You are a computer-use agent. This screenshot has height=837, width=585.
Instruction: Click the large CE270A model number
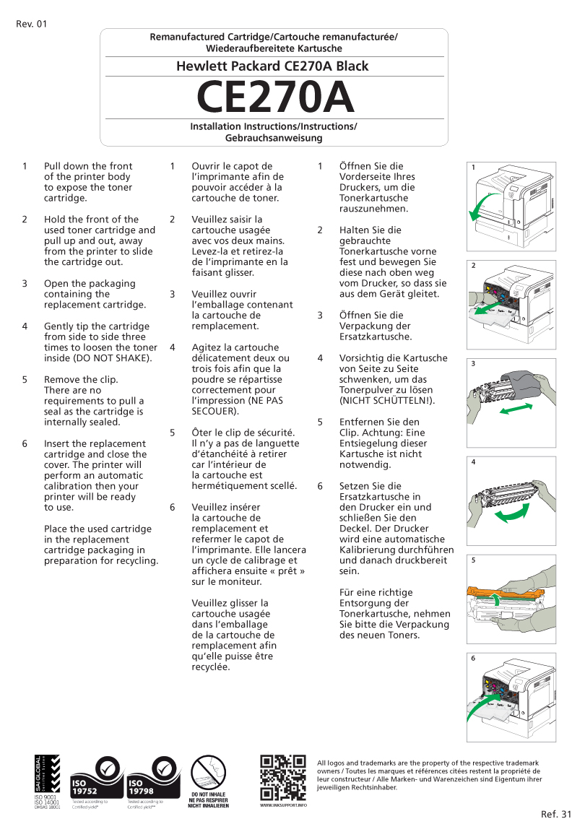pos(275,97)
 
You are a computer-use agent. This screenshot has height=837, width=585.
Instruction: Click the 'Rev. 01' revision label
pos(31,24)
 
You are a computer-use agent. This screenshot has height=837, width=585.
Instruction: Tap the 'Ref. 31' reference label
pos(555,815)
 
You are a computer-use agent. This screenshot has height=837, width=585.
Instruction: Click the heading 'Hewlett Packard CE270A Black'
pos(272,66)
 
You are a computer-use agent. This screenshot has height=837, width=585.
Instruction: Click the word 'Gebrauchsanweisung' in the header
pos(273,137)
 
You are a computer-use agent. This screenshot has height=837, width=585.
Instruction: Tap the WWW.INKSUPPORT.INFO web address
pos(282,805)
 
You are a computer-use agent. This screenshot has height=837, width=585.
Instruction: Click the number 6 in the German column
pos(320,486)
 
